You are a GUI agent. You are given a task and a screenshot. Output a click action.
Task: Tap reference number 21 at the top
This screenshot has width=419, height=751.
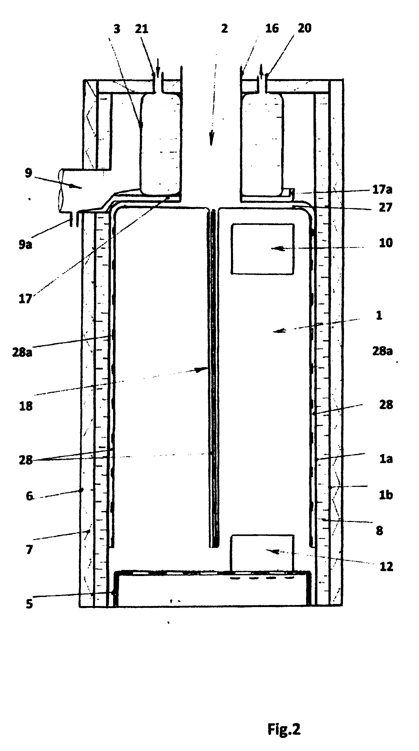pyautogui.click(x=141, y=29)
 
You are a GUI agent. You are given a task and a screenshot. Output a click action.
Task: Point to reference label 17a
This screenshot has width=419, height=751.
pyautogui.click(x=382, y=189)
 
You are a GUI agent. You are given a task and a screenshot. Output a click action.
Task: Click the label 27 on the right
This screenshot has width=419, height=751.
pyautogui.click(x=385, y=207)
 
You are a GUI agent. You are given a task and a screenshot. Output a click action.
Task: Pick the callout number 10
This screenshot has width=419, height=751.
pyautogui.click(x=386, y=243)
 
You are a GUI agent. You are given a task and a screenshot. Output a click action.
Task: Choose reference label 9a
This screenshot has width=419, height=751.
pyautogui.click(x=25, y=244)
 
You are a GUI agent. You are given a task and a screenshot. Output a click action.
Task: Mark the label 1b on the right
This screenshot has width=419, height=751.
pyautogui.click(x=386, y=495)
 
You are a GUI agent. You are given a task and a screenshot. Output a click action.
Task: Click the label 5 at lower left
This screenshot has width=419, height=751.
pyautogui.click(x=29, y=603)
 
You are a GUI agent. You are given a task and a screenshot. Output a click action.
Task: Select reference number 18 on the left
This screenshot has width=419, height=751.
pyautogui.click(x=26, y=406)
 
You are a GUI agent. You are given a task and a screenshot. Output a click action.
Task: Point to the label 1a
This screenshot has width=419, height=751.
pyautogui.click(x=386, y=459)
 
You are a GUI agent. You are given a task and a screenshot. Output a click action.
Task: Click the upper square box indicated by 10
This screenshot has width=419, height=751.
pyautogui.click(x=262, y=249)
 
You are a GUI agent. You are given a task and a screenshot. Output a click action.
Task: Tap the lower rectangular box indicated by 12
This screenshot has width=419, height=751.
pyautogui.click(x=262, y=553)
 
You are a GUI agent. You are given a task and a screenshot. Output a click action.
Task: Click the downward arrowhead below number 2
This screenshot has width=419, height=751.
pyautogui.click(x=212, y=139)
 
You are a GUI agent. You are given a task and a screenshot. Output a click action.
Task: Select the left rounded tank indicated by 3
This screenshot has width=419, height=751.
pyautogui.click(x=160, y=144)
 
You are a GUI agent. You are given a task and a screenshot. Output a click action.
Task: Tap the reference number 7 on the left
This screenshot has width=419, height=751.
pyautogui.click(x=29, y=549)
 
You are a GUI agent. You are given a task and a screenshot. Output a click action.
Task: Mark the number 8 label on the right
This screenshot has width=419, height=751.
pyautogui.click(x=379, y=531)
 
